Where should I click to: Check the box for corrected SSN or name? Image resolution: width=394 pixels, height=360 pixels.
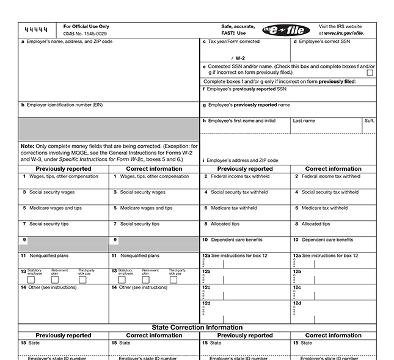tap(370, 73)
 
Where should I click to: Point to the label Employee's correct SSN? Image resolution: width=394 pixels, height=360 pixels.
tap(324, 41)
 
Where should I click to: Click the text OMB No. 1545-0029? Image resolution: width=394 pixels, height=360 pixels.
tap(86, 33)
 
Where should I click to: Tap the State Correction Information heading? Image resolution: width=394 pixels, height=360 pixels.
tap(197, 327)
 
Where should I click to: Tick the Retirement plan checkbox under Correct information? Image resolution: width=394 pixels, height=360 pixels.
tap(145, 279)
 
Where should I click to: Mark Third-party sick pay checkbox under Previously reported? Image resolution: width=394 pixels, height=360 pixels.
tap(82, 279)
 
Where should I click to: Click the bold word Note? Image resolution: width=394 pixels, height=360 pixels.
tap(27, 146)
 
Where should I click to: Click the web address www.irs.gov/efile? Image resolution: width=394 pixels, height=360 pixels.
tap(345, 33)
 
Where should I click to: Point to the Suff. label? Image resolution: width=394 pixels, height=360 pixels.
tap(369, 121)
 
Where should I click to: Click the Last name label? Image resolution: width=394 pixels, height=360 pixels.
tap(304, 121)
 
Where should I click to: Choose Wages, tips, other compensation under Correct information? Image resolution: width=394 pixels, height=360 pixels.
tap(155, 176)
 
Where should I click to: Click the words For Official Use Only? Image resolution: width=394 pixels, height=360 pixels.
tap(86, 26)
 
